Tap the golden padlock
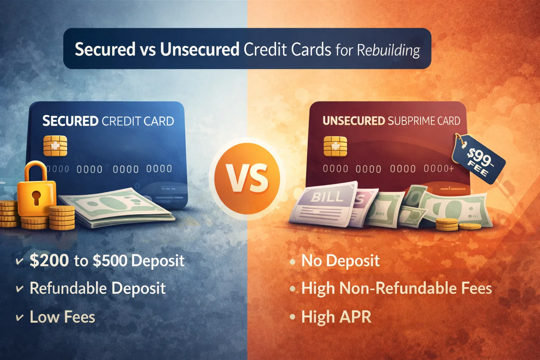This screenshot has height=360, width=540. click(37, 192)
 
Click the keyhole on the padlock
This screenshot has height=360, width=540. click(36, 197)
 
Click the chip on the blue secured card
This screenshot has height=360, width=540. click(55, 146)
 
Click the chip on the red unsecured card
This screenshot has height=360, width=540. click(335, 146)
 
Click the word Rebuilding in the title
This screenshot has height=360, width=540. click(388, 50)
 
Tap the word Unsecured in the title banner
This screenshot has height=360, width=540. click(200, 49)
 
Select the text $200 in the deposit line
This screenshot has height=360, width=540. click(49, 261)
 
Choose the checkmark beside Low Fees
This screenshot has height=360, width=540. click(20, 317)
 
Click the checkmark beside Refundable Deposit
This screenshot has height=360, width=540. click(20, 289)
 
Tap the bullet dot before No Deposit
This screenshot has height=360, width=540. click(292, 262)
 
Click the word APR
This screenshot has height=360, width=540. click(355, 317)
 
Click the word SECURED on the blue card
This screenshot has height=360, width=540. click(70, 121)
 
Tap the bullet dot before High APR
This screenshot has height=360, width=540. click(292, 317)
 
